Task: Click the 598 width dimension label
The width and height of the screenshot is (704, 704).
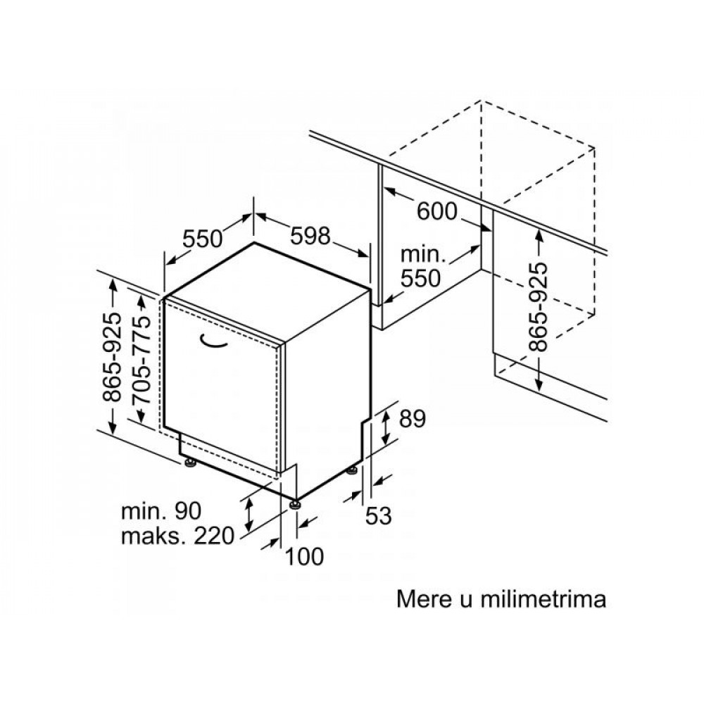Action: click(x=310, y=235)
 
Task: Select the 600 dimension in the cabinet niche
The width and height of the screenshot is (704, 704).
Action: click(x=437, y=211)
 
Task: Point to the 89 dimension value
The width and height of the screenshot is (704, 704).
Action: click(x=412, y=420)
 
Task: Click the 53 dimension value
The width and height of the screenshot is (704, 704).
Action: click(x=379, y=515)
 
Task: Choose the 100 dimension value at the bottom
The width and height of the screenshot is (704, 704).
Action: click(x=304, y=556)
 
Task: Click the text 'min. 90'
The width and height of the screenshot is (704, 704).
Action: click(x=161, y=511)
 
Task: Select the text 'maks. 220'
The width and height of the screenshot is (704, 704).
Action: click(x=178, y=536)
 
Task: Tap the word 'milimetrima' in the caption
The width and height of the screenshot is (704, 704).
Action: click(x=543, y=599)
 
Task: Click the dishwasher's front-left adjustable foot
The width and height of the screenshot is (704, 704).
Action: click(x=190, y=463)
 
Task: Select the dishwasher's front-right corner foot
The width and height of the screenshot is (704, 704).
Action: click(x=295, y=504)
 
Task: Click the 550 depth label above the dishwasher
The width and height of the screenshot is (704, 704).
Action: click(x=203, y=239)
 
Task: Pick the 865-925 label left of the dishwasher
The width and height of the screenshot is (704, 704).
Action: click(x=112, y=357)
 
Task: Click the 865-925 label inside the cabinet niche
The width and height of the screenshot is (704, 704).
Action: click(x=539, y=307)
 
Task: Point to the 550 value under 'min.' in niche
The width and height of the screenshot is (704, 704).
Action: click(x=420, y=278)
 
